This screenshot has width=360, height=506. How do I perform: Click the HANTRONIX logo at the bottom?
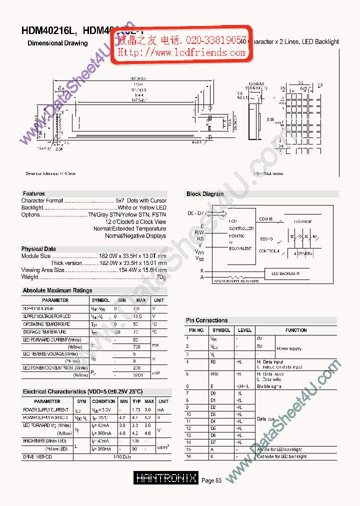tap(166, 478)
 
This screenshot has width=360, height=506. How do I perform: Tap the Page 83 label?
tap(211, 480)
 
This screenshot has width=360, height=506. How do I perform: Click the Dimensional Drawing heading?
tap(57, 43)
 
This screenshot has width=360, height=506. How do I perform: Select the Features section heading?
tap(33, 193)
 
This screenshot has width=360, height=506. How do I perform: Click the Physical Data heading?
tap(38, 249)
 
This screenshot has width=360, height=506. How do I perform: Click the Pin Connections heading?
tap(206, 320)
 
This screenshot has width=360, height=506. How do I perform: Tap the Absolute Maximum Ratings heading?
tap(57, 290)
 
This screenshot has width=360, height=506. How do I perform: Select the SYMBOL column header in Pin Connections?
tap(221, 330)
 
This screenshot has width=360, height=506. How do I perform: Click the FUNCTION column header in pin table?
tap(296, 330)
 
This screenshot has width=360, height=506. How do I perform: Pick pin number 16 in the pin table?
tap(188, 456)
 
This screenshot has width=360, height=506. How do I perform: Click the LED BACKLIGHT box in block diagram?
tap(285, 273)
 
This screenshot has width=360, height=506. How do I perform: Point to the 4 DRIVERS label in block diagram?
tap(303, 254)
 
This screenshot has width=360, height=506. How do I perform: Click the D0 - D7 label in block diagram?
tap(195, 213)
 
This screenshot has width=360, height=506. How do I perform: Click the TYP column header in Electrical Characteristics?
tap(136, 401)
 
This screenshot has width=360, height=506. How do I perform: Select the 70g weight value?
tap(161, 277)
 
